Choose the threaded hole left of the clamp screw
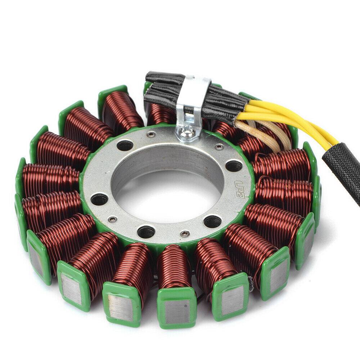coord(125,146)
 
